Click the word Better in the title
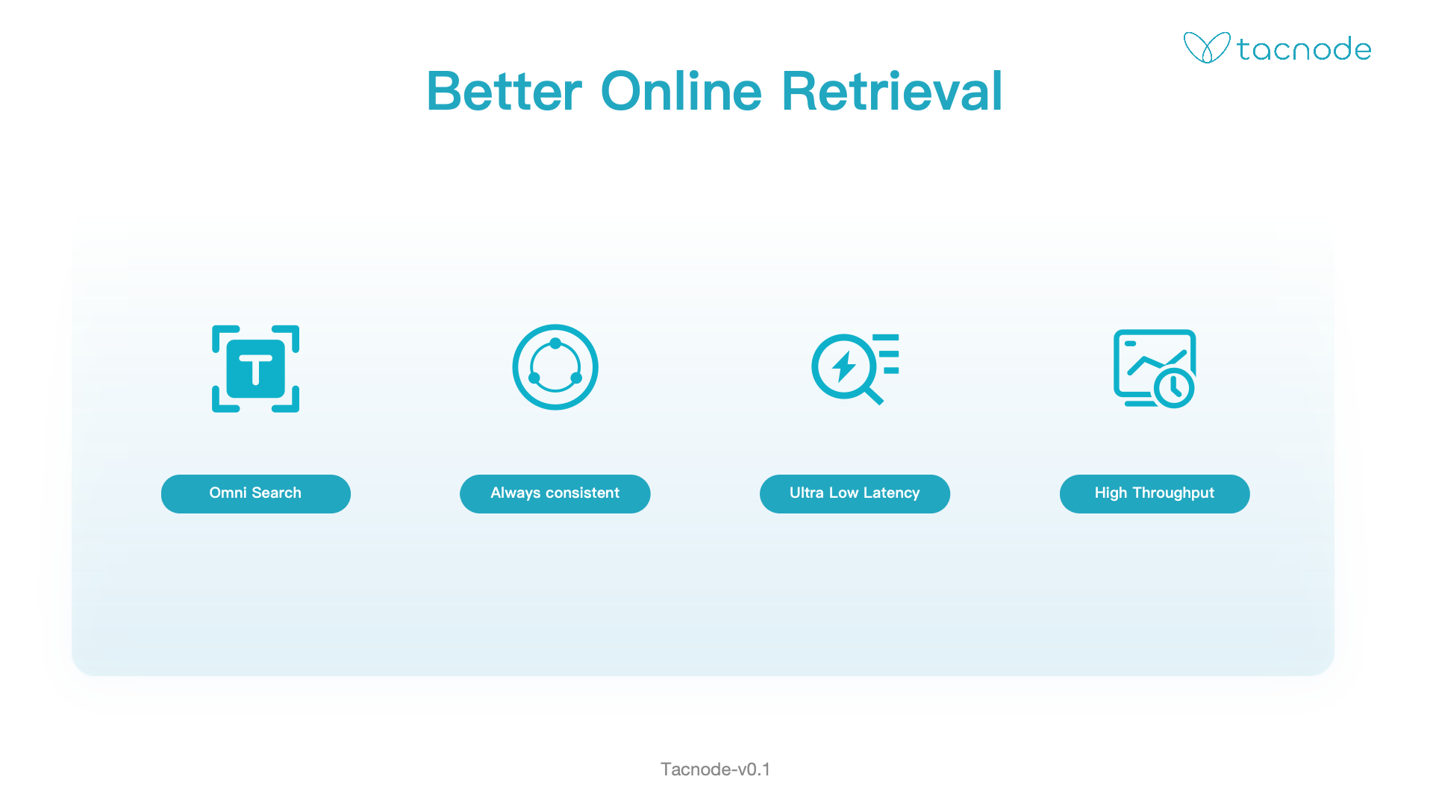[x=504, y=91]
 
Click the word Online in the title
[x=681, y=91]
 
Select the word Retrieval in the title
[x=892, y=91]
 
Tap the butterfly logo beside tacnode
[x=1207, y=48]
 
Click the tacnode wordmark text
[x=1304, y=49]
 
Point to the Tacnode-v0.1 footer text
[x=715, y=769]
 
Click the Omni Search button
[x=256, y=493]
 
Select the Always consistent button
[x=555, y=493]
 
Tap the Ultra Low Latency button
[x=855, y=493]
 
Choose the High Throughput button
[x=1155, y=493]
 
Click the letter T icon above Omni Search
[x=256, y=369]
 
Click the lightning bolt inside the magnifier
[x=844, y=366]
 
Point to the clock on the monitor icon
[x=1174, y=387]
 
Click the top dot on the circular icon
[x=555, y=343]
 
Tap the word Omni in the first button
[x=228, y=493]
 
